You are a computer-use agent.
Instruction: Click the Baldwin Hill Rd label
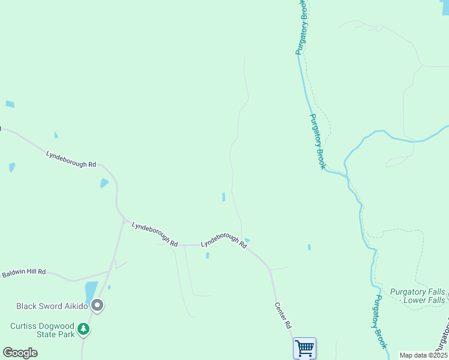[x=24, y=272]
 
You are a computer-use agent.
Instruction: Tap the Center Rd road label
[x=283, y=315]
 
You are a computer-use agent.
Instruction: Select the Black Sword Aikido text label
[x=52, y=306]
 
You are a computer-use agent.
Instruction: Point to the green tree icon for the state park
[x=83, y=329]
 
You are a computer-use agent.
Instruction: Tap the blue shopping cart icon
[x=304, y=348]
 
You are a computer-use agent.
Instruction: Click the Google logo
[x=20, y=353]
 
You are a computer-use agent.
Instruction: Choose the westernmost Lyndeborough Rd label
[x=71, y=160]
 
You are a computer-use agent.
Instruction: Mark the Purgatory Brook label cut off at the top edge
[x=302, y=27]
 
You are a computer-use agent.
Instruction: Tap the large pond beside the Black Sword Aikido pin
[x=91, y=292]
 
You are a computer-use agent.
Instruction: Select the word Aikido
[x=74, y=306]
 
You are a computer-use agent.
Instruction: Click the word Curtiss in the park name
[x=24, y=326]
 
